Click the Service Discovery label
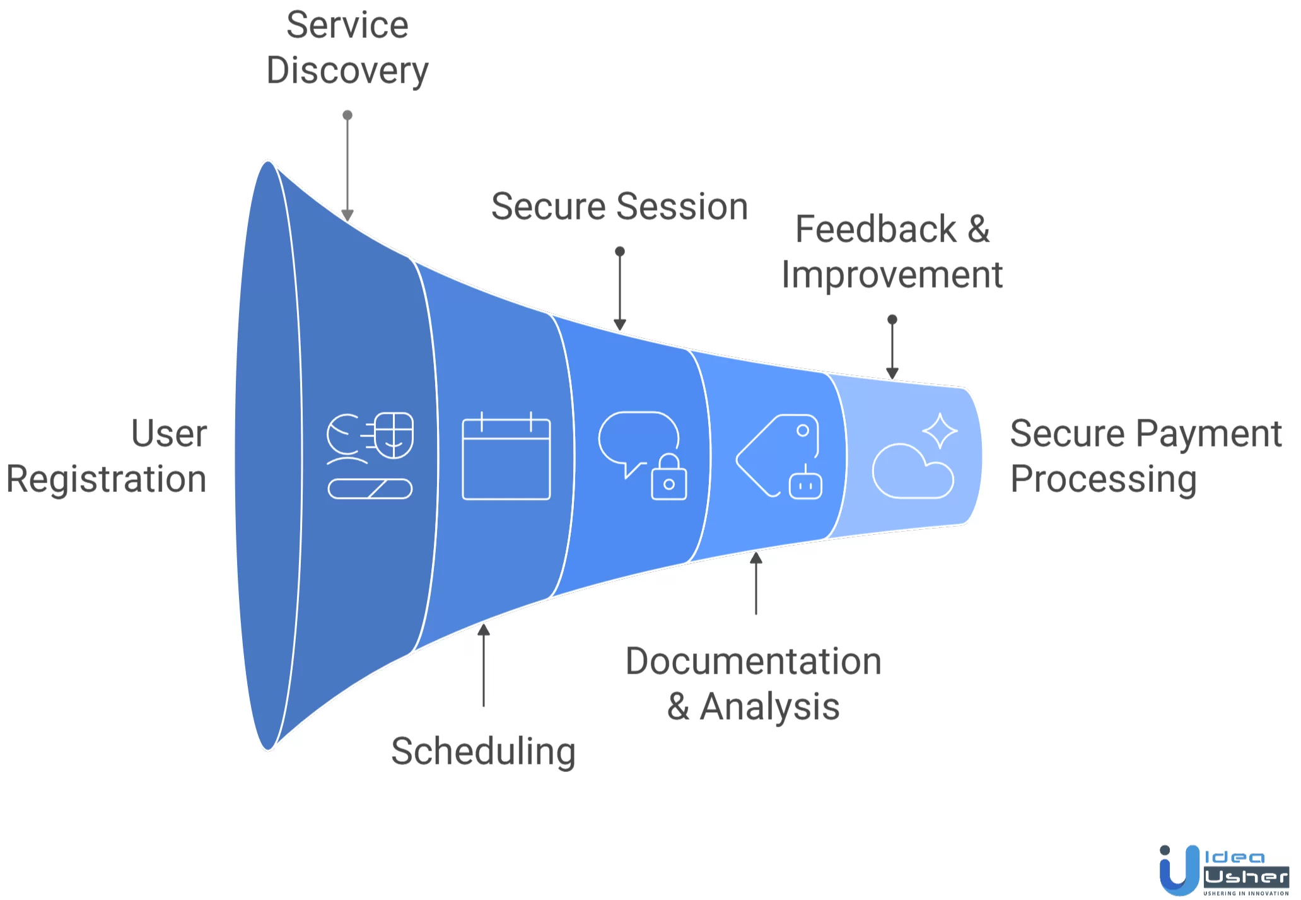point(347,47)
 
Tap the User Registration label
point(107,456)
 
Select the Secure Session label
point(619,206)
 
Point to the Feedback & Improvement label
point(892,252)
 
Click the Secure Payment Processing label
point(1146,456)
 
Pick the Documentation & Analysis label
point(754,683)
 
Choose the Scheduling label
point(484,752)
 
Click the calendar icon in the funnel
point(506,456)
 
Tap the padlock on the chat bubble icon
point(669,477)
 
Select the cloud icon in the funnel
point(913,471)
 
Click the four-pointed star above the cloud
point(940,431)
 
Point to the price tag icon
point(778,455)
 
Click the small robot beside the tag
point(805,484)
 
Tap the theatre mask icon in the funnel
point(394,435)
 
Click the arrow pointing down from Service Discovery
point(347,167)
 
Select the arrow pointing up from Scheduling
point(484,665)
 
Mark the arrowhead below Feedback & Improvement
point(892,374)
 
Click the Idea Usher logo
point(1223,870)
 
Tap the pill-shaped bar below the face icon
point(370,489)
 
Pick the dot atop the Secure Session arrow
point(620,251)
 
